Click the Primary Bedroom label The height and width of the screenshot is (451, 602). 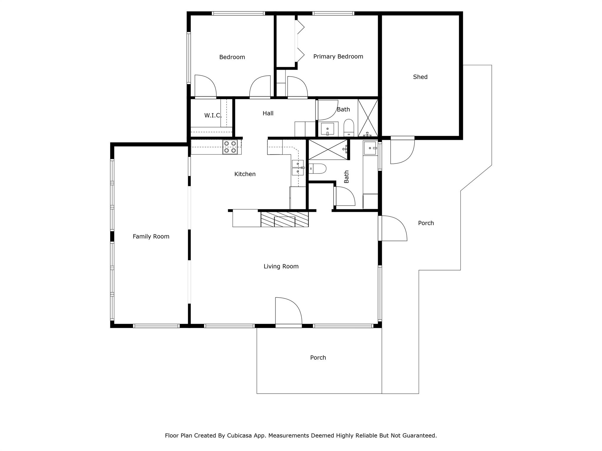(338, 57)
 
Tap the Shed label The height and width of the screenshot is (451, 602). (420, 77)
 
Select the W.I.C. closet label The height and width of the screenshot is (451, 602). (213, 115)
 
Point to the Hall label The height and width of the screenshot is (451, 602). (268, 113)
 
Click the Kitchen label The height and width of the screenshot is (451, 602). (245, 174)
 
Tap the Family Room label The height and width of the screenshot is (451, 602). (151, 236)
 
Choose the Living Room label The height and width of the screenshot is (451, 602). (281, 266)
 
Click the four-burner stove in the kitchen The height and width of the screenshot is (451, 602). (230, 147)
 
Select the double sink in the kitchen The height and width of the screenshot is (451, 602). (297, 168)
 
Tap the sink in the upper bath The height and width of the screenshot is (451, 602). (327, 129)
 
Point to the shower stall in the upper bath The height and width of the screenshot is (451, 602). (368, 117)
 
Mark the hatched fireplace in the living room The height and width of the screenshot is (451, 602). (285, 219)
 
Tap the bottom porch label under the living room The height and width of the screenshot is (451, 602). (318, 358)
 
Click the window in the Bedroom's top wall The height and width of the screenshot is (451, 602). (238, 14)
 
